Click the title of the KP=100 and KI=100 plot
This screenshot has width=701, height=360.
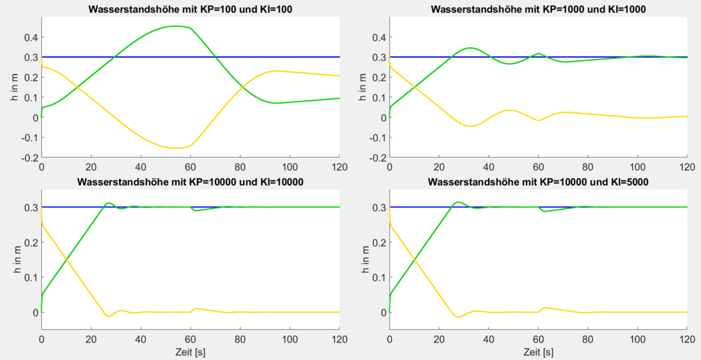tap(190, 9)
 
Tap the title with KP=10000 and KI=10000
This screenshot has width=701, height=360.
tap(190, 181)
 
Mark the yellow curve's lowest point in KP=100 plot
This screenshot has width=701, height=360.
tap(175, 148)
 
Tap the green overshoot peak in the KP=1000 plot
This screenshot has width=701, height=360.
tap(470, 48)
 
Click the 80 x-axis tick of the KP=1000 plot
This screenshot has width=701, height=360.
tap(588, 166)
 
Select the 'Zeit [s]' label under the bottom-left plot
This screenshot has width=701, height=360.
tap(190, 351)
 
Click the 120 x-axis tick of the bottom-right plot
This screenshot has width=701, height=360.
tap(687, 339)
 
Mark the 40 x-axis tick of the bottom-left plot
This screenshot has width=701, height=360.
tap(141, 339)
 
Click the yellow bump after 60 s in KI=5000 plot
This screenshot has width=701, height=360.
tap(545, 308)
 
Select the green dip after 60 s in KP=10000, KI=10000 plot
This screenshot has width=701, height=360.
tap(195, 210)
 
